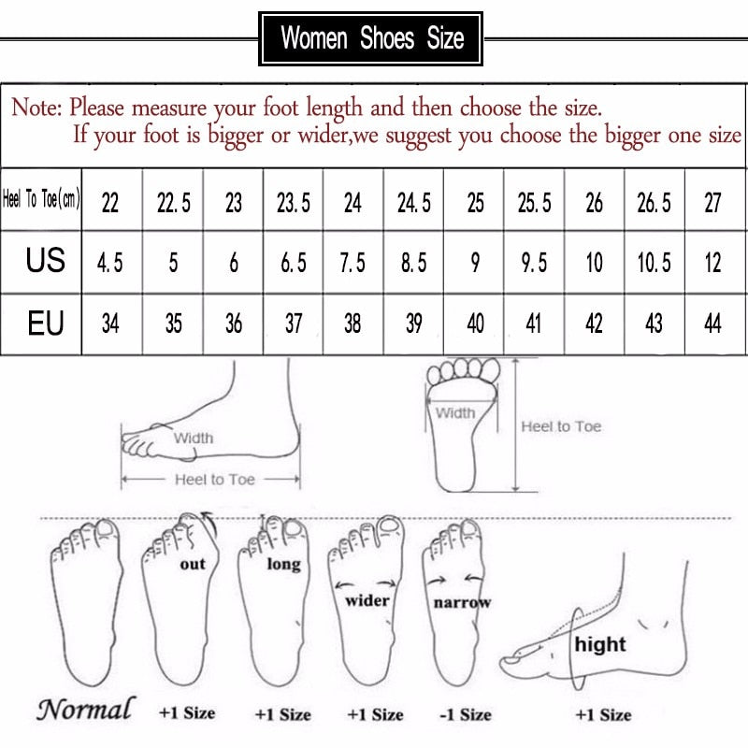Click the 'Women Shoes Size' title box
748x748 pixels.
point(371,39)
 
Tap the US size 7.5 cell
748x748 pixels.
point(352,263)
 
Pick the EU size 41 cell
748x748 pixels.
point(534,324)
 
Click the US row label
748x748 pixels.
point(45,261)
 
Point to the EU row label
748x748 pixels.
point(45,324)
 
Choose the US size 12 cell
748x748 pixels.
point(713,263)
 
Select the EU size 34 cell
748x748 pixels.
point(110,324)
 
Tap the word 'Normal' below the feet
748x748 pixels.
point(85,709)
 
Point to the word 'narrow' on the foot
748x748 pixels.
point(462,603)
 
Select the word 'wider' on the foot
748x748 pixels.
point(367,600)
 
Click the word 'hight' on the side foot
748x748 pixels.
point(600,644)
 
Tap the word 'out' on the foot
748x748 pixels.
point(193,564)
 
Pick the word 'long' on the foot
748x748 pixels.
point(283,564)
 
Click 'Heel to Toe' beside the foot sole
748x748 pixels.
point(561,426)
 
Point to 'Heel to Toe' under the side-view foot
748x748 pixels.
point(215,479)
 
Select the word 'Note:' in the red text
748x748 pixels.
point(36,108)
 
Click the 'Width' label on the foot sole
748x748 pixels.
point(455,413)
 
